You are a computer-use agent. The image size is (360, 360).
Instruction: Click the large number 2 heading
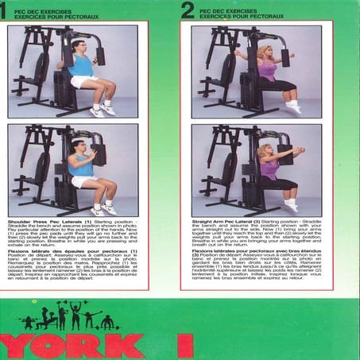point(187,10)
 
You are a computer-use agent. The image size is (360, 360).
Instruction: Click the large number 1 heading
point(3,10)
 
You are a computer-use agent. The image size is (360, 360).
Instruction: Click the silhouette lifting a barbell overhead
point(75,315)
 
